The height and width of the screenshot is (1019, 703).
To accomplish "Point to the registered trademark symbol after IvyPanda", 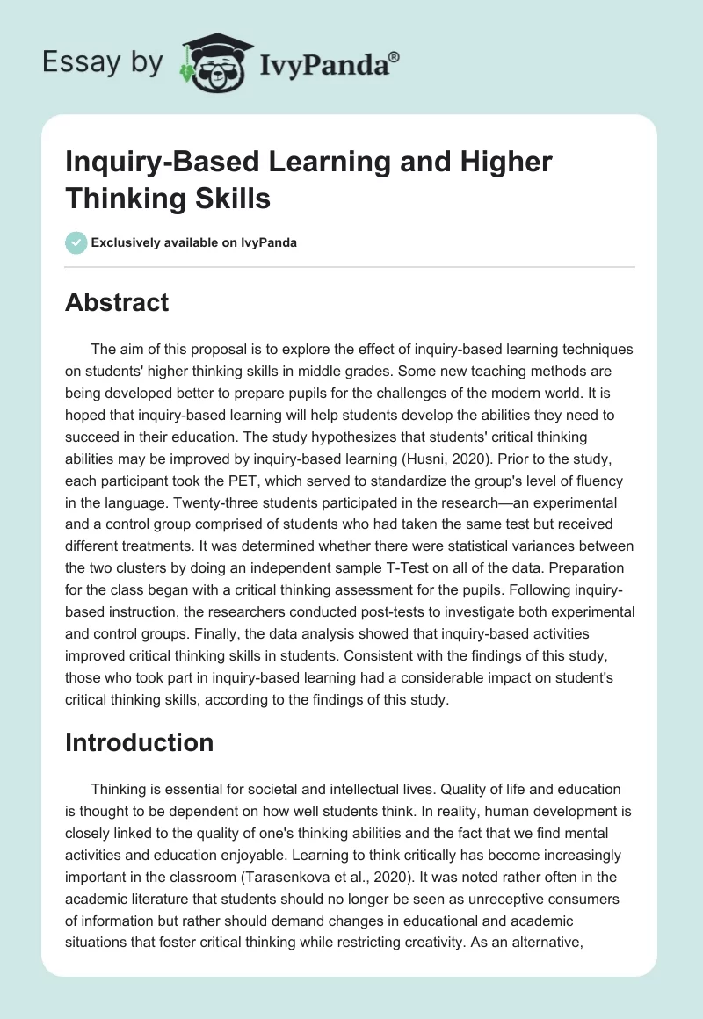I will point(394,58).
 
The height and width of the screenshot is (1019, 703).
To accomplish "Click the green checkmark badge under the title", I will point(76,242).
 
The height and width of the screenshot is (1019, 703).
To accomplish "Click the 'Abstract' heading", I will point(118,302).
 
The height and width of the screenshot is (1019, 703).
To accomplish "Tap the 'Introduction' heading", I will point(140,742).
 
